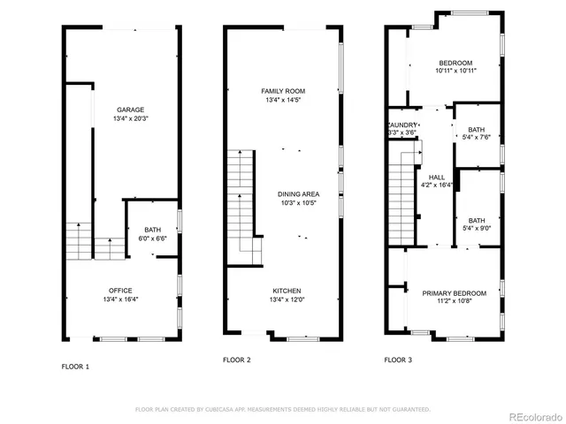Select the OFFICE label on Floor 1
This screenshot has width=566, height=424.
tap(120, 291)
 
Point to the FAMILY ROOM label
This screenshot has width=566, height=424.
tap(283, 91)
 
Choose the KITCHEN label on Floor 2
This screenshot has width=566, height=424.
tap(287, 291)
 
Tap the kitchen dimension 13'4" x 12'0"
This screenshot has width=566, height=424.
tap(287, 299)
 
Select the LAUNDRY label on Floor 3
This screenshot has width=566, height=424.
tap(402, 125)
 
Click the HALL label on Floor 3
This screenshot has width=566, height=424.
tap(436, 177)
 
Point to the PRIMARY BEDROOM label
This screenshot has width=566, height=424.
tap(454, 293)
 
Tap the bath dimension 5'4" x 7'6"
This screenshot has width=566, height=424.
tap(477, 137)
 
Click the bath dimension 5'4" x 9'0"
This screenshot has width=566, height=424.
tap(477, 229)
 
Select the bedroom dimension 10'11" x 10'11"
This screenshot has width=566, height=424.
tap(455, 72)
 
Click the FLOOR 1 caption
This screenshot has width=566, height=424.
tap(75, 366)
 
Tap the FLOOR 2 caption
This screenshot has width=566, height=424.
tap(237, 360)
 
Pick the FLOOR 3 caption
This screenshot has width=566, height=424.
tap(397, 360)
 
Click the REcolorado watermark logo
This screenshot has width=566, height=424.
tap(533, 417)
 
